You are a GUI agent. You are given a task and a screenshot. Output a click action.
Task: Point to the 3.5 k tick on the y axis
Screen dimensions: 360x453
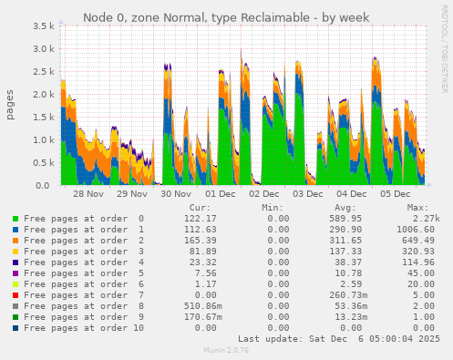tap(43, 26)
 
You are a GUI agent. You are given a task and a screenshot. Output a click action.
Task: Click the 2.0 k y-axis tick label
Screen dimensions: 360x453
tap(43, 95)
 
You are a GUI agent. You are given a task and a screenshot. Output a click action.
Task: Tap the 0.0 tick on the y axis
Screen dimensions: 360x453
tap(46, 185)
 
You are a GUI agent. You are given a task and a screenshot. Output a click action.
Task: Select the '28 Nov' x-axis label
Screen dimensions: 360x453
tap(89, 194)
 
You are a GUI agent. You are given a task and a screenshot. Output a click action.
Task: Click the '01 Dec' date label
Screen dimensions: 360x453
tap(221, 194)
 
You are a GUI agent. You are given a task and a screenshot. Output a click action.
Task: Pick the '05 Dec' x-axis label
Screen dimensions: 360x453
tap(396, 194)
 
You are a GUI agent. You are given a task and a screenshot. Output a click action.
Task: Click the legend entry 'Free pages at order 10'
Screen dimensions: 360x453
tap(83, 327)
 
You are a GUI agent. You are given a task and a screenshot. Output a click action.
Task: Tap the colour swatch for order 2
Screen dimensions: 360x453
tap(15, 241)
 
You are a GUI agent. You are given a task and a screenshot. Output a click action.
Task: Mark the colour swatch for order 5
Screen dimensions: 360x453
tap(15, 273)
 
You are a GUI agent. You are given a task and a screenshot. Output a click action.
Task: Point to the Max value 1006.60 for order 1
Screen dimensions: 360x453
tap(415, 230)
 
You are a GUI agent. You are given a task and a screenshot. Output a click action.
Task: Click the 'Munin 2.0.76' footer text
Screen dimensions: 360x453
tap(225, 350)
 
